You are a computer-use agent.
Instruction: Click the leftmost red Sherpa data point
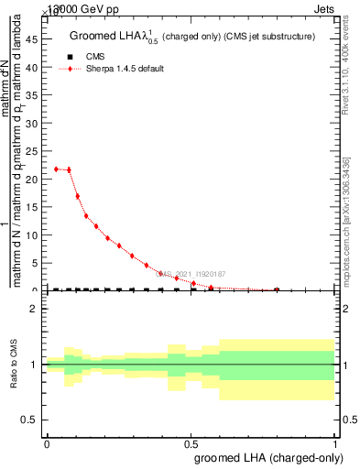coord(57,169)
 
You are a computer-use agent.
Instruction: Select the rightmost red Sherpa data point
coord(277,289)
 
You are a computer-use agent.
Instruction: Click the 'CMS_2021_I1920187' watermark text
coord(191,273)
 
